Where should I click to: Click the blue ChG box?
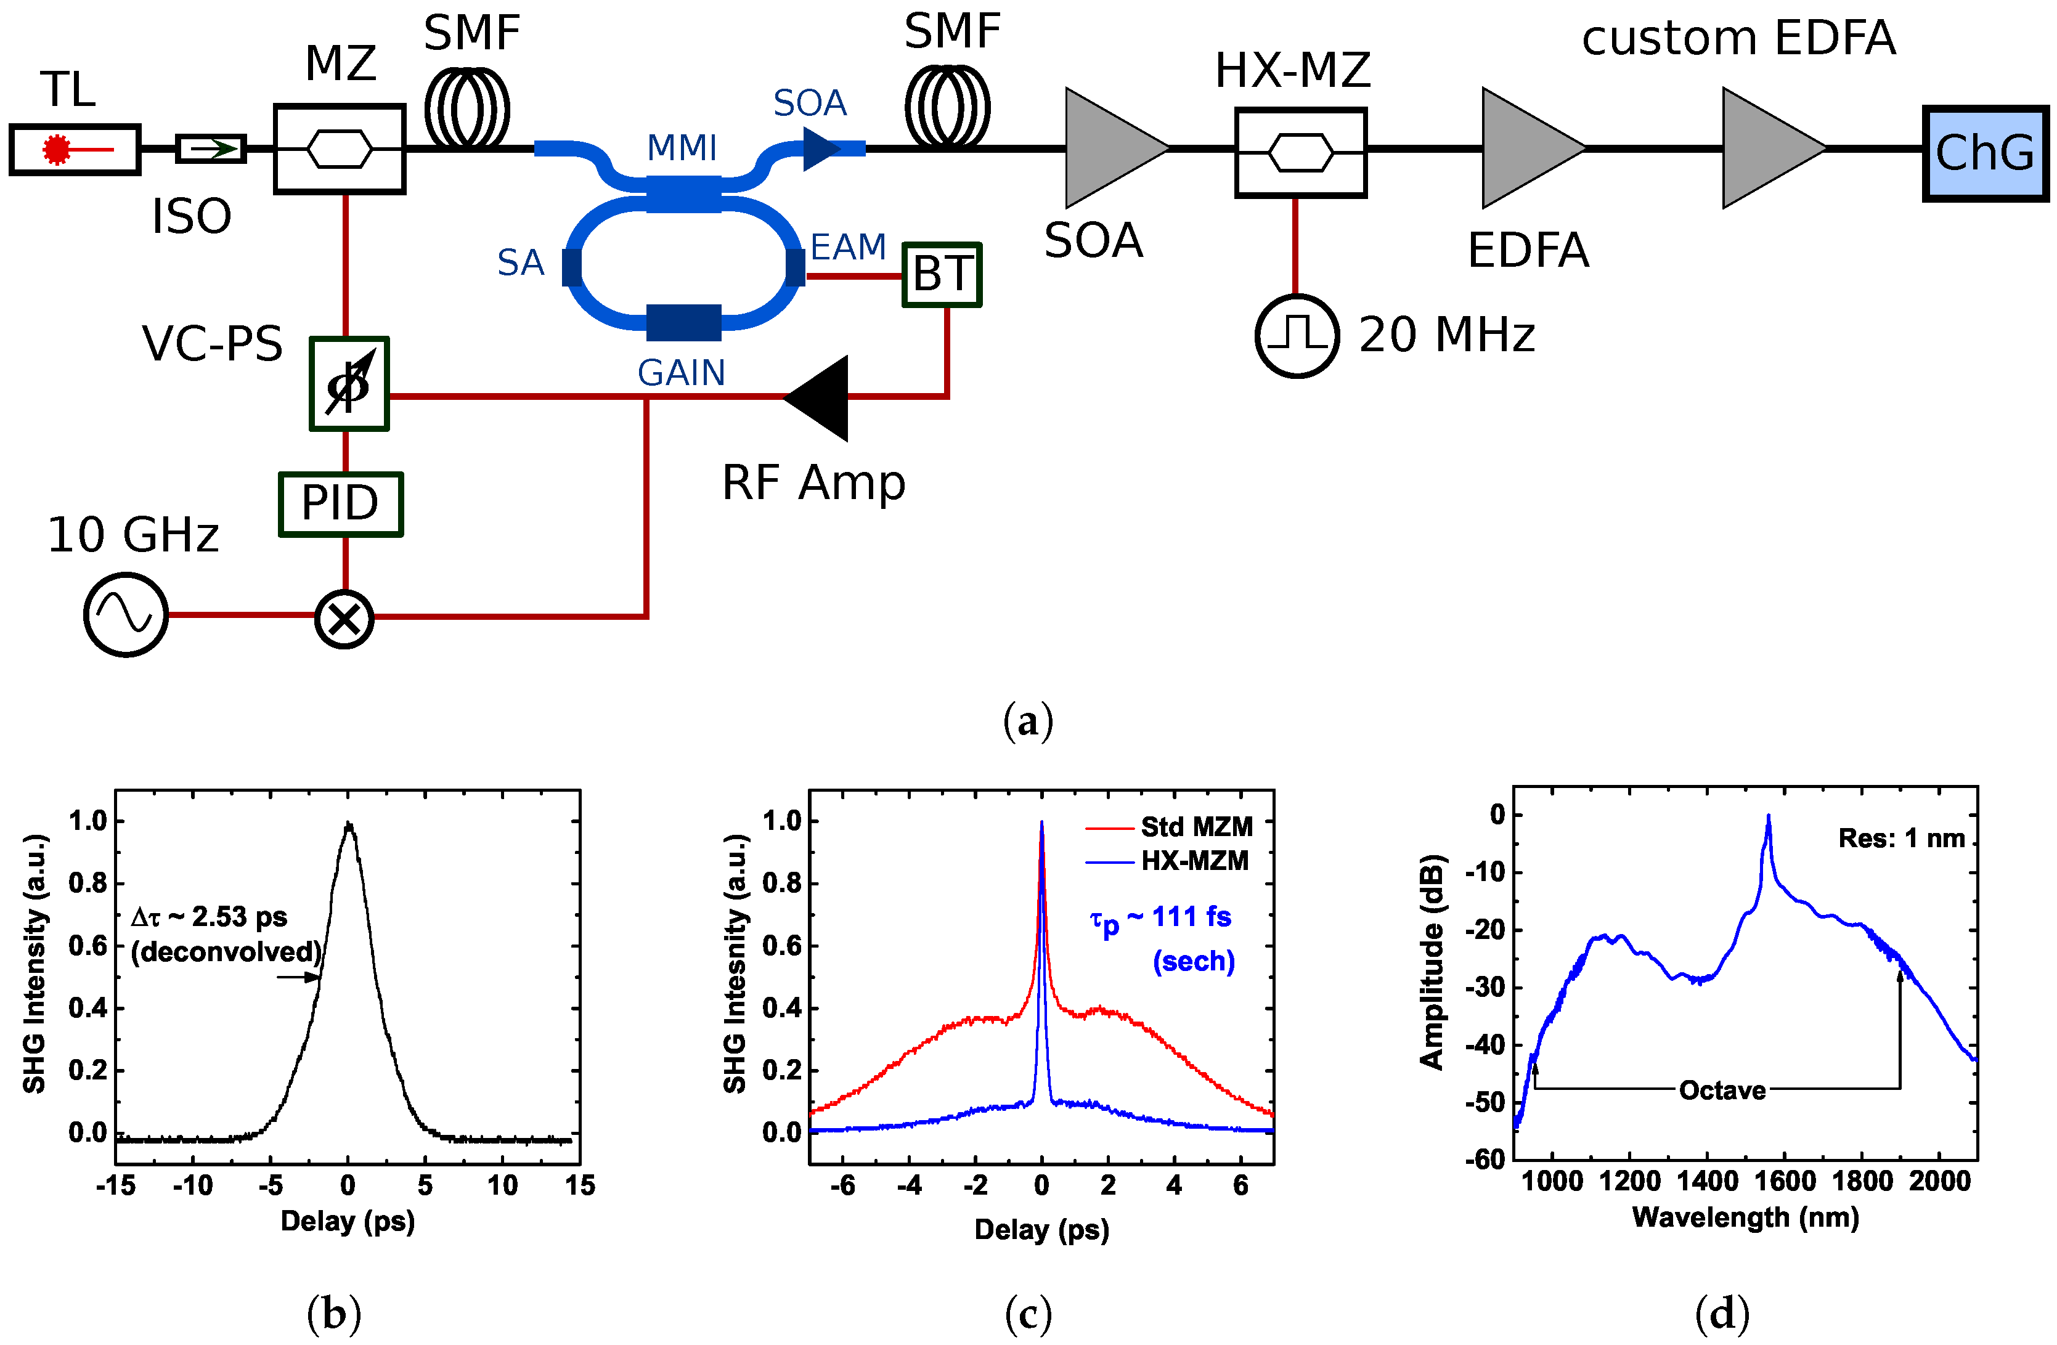pos(1986,153)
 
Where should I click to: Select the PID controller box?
pos(341,504)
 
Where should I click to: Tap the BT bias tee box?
pos(942,275)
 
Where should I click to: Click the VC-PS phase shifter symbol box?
pos(349,384)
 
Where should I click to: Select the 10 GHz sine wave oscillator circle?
pos(126,615)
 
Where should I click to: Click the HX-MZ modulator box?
pos(1300,153)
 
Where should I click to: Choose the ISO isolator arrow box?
pos(211,148)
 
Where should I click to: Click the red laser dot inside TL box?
pos(57,150)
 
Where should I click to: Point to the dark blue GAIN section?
pos(683,322)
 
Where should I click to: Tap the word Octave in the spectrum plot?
pos(1722,1090)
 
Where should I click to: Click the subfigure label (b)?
pos(333,1314)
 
